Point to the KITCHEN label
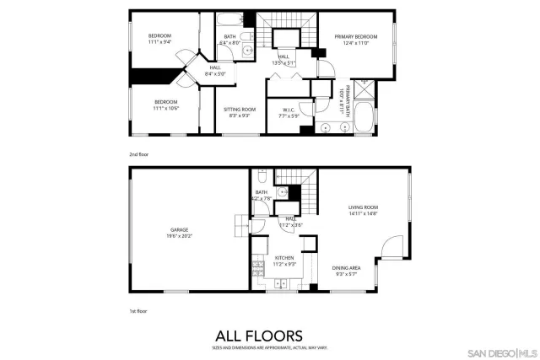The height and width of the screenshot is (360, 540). coord(283,259)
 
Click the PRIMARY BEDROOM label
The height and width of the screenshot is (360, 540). coord(354,37)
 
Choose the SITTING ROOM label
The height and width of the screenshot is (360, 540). coord(240,110)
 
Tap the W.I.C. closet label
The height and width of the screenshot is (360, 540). coord(288,110)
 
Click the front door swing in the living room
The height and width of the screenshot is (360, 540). coord(389,245)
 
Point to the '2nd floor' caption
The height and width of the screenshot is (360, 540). coord(138,154)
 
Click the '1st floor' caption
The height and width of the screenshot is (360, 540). coord(138,311)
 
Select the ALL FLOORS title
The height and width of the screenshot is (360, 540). coord(270,334)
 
